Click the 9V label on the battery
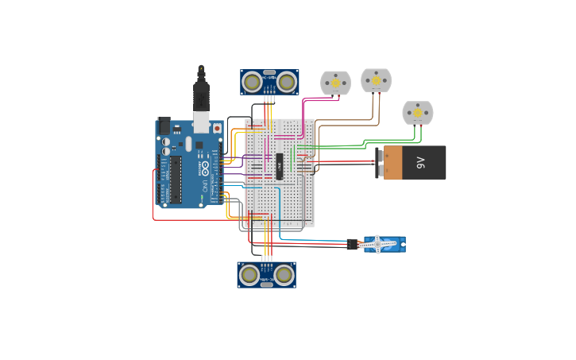coord(421,163)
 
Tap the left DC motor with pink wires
coord(335,83)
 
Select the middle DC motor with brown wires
coord(376,80)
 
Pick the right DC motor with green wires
coord(417,113)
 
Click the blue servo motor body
coord(391,244)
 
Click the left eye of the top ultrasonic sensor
coord(253,81)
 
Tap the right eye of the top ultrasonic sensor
coord(286,81)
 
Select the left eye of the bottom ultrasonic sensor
coord(249,274)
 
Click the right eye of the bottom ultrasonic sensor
coord(284,274)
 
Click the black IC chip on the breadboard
coord(280,166)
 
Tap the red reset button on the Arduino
coord(217,127)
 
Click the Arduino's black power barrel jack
coord(164,126)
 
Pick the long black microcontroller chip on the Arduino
coord(175,179)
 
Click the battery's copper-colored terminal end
coord(392,162)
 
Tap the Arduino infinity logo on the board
coord(204,168)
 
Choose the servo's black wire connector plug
coord(352,245)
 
